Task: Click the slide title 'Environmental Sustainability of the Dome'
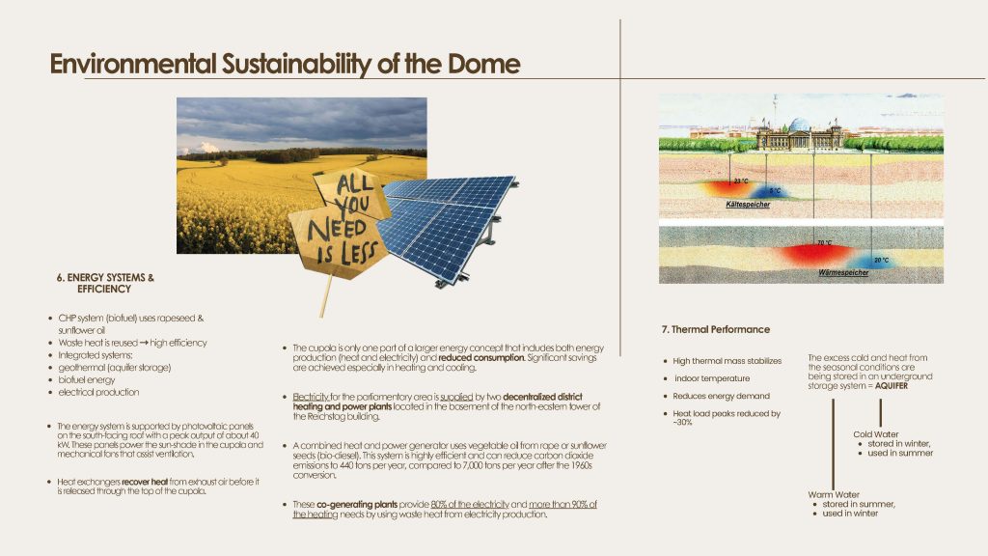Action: click(x=285, y=64)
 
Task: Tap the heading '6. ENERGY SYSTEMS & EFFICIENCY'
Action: click(x=105, y=283)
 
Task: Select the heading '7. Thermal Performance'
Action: click(x=716, y=329)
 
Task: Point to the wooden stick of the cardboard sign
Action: click(x=326, y=295)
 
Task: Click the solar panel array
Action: click(x=449, y=227)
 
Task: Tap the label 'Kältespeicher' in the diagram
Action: click(x=748, y=205)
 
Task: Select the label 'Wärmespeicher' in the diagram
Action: click(x=843, y=272)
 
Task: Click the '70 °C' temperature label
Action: click(x=825, y=242)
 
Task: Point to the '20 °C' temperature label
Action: click(x=881, y=260)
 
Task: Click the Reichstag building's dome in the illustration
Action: click(x=799, y=125)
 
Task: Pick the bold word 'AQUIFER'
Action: click(x=891, y=386)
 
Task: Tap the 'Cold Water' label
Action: click(x=876, y=434)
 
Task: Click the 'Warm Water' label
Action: click(x=834, y=495)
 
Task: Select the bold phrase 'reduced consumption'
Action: click(x=480, y=357)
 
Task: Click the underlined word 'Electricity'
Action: click(x=312, y=397)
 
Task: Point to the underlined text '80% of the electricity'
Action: click(x=470, y=504)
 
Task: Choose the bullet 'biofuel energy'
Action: click(x=86, y=379)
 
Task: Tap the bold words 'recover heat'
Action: click(x=145, y=482)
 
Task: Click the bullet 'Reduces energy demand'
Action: click(x=721, y=396)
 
